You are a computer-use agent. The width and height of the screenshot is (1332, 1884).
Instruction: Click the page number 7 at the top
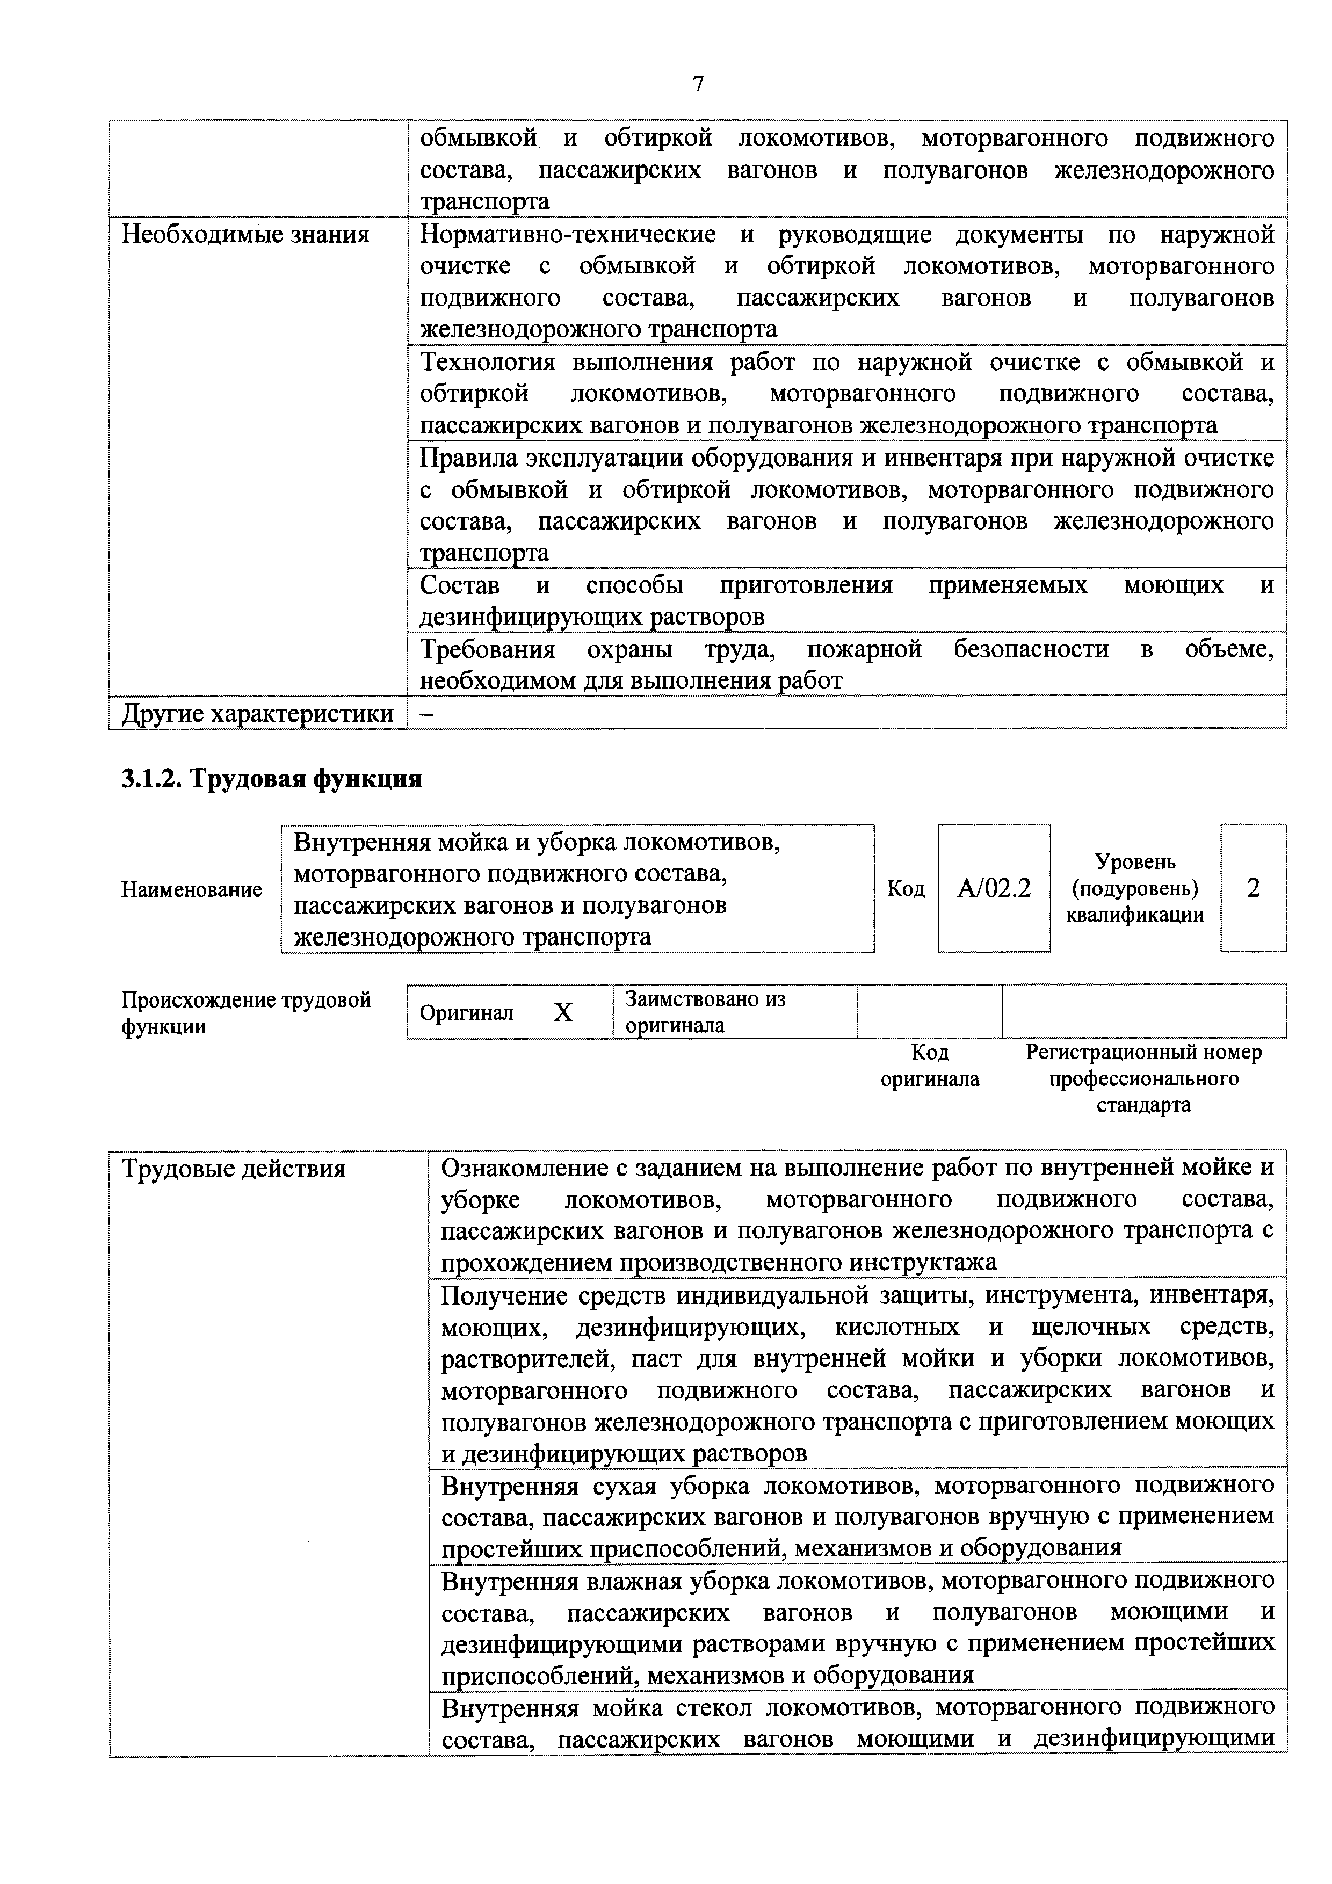tap(698, 84)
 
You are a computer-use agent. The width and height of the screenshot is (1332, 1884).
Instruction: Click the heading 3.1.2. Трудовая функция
tap(272, 778)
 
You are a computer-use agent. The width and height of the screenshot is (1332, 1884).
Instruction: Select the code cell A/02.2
tap(994, 888)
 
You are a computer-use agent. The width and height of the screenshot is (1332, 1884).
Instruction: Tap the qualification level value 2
tap(1253, 888)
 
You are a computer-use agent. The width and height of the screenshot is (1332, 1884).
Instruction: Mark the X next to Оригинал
tap(563, 1012)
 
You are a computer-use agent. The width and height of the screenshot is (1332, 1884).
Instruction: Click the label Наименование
tap(191, 889)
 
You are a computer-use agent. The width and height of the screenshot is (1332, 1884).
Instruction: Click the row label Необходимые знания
tap(245, 235)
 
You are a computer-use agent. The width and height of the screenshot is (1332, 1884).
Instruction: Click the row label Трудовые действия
tap(234, 1169)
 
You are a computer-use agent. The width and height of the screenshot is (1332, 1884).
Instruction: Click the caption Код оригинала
tap(930, 1065)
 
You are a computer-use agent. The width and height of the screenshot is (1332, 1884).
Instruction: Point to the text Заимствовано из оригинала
tap(705, 1012)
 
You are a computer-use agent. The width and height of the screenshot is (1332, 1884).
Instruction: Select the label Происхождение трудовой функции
tap(245, 1012)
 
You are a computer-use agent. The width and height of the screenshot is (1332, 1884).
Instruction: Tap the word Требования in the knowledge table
tap(488, 650)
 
